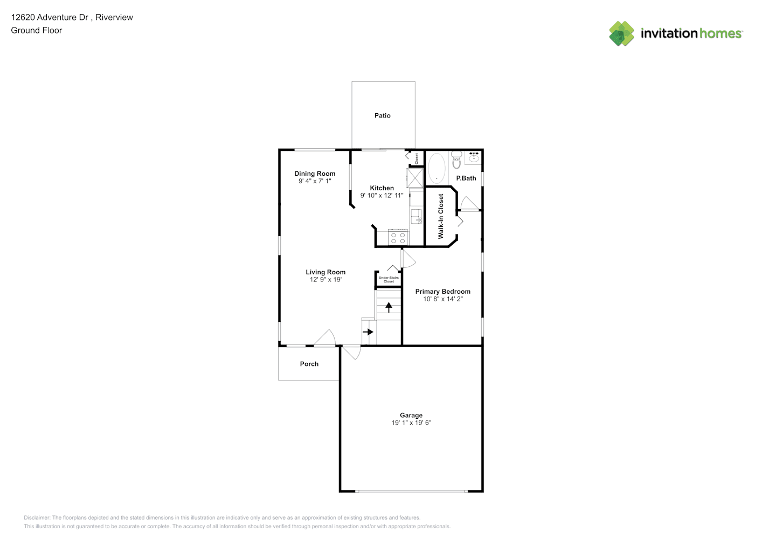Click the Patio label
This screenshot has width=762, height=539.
pyautogui.click(x=383, y=116)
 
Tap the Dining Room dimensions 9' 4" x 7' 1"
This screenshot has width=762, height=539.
pyautogui.click(x=315, y=181)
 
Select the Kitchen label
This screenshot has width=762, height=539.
pyautogui.click(x=382, y=188)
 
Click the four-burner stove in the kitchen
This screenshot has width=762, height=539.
pyautogui.click(x=398, y=238)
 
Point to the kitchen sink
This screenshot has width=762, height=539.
pyautogui.click(x=417, y=217)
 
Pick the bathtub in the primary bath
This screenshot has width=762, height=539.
pyautogui.click(x=437, y=168)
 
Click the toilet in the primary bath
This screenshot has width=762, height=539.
pyautogui.click(x=456, y=161)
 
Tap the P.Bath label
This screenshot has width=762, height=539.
pyautogui.click(x=466, y=178)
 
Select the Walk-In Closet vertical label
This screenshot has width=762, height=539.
pyautogui.click(x=441, y=217)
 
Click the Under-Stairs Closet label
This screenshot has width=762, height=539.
pyautogui.click(x=389, y=280)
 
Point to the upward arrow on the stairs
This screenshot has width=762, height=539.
pyautogui.click(x=389, y=307)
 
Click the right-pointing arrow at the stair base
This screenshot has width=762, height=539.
pyautogui.click(x=368, y=332)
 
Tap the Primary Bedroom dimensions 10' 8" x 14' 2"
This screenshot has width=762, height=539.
pyautogui.click(x=443, y=299)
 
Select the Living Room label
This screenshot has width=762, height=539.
pyautogui.click(x=325, y=272)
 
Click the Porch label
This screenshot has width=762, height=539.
pyautogui.click(x=309, y=364)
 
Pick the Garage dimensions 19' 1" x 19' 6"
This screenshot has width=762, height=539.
pyautogui.click(x=411, y=423)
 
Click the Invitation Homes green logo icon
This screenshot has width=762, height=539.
pyautogui.click(x=621, y=33)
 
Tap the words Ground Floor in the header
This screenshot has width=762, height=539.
pyautogui.click(x=37, y=30)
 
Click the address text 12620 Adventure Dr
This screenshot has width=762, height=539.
pyautogui.click(x=50, y=17)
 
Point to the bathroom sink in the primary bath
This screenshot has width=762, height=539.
pyautogui.click(x=474, y=157)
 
